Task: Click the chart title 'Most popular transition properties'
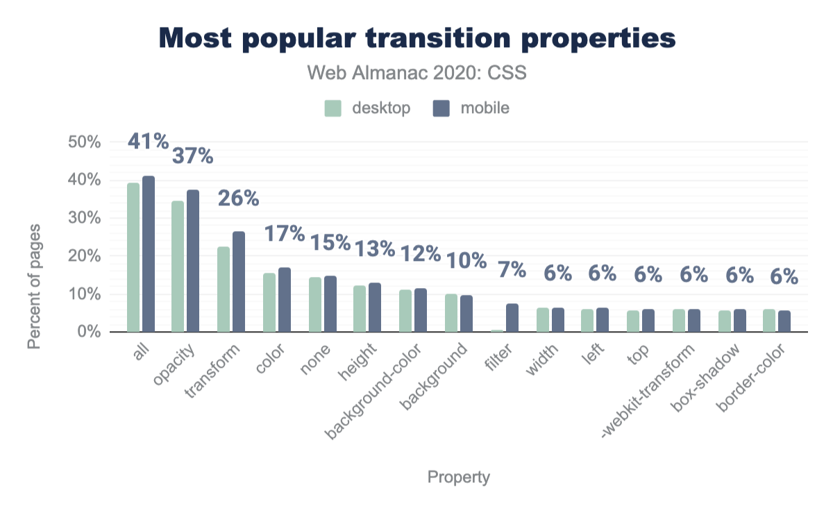click(x=417, y=39)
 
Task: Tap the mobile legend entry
click(x=471, y=108)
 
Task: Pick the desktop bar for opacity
click(x=178, y=267)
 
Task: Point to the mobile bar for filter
click(x=512, y=318)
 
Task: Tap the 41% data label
click(x=149, y=142)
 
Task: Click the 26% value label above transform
click(x=239, y=199)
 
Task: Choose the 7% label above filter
click(x=512, y=269)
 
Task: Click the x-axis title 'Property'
click(x=459, y=478)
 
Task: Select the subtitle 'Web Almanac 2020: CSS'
click(x=417, y=73)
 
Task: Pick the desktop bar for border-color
click(x=769, y=321)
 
